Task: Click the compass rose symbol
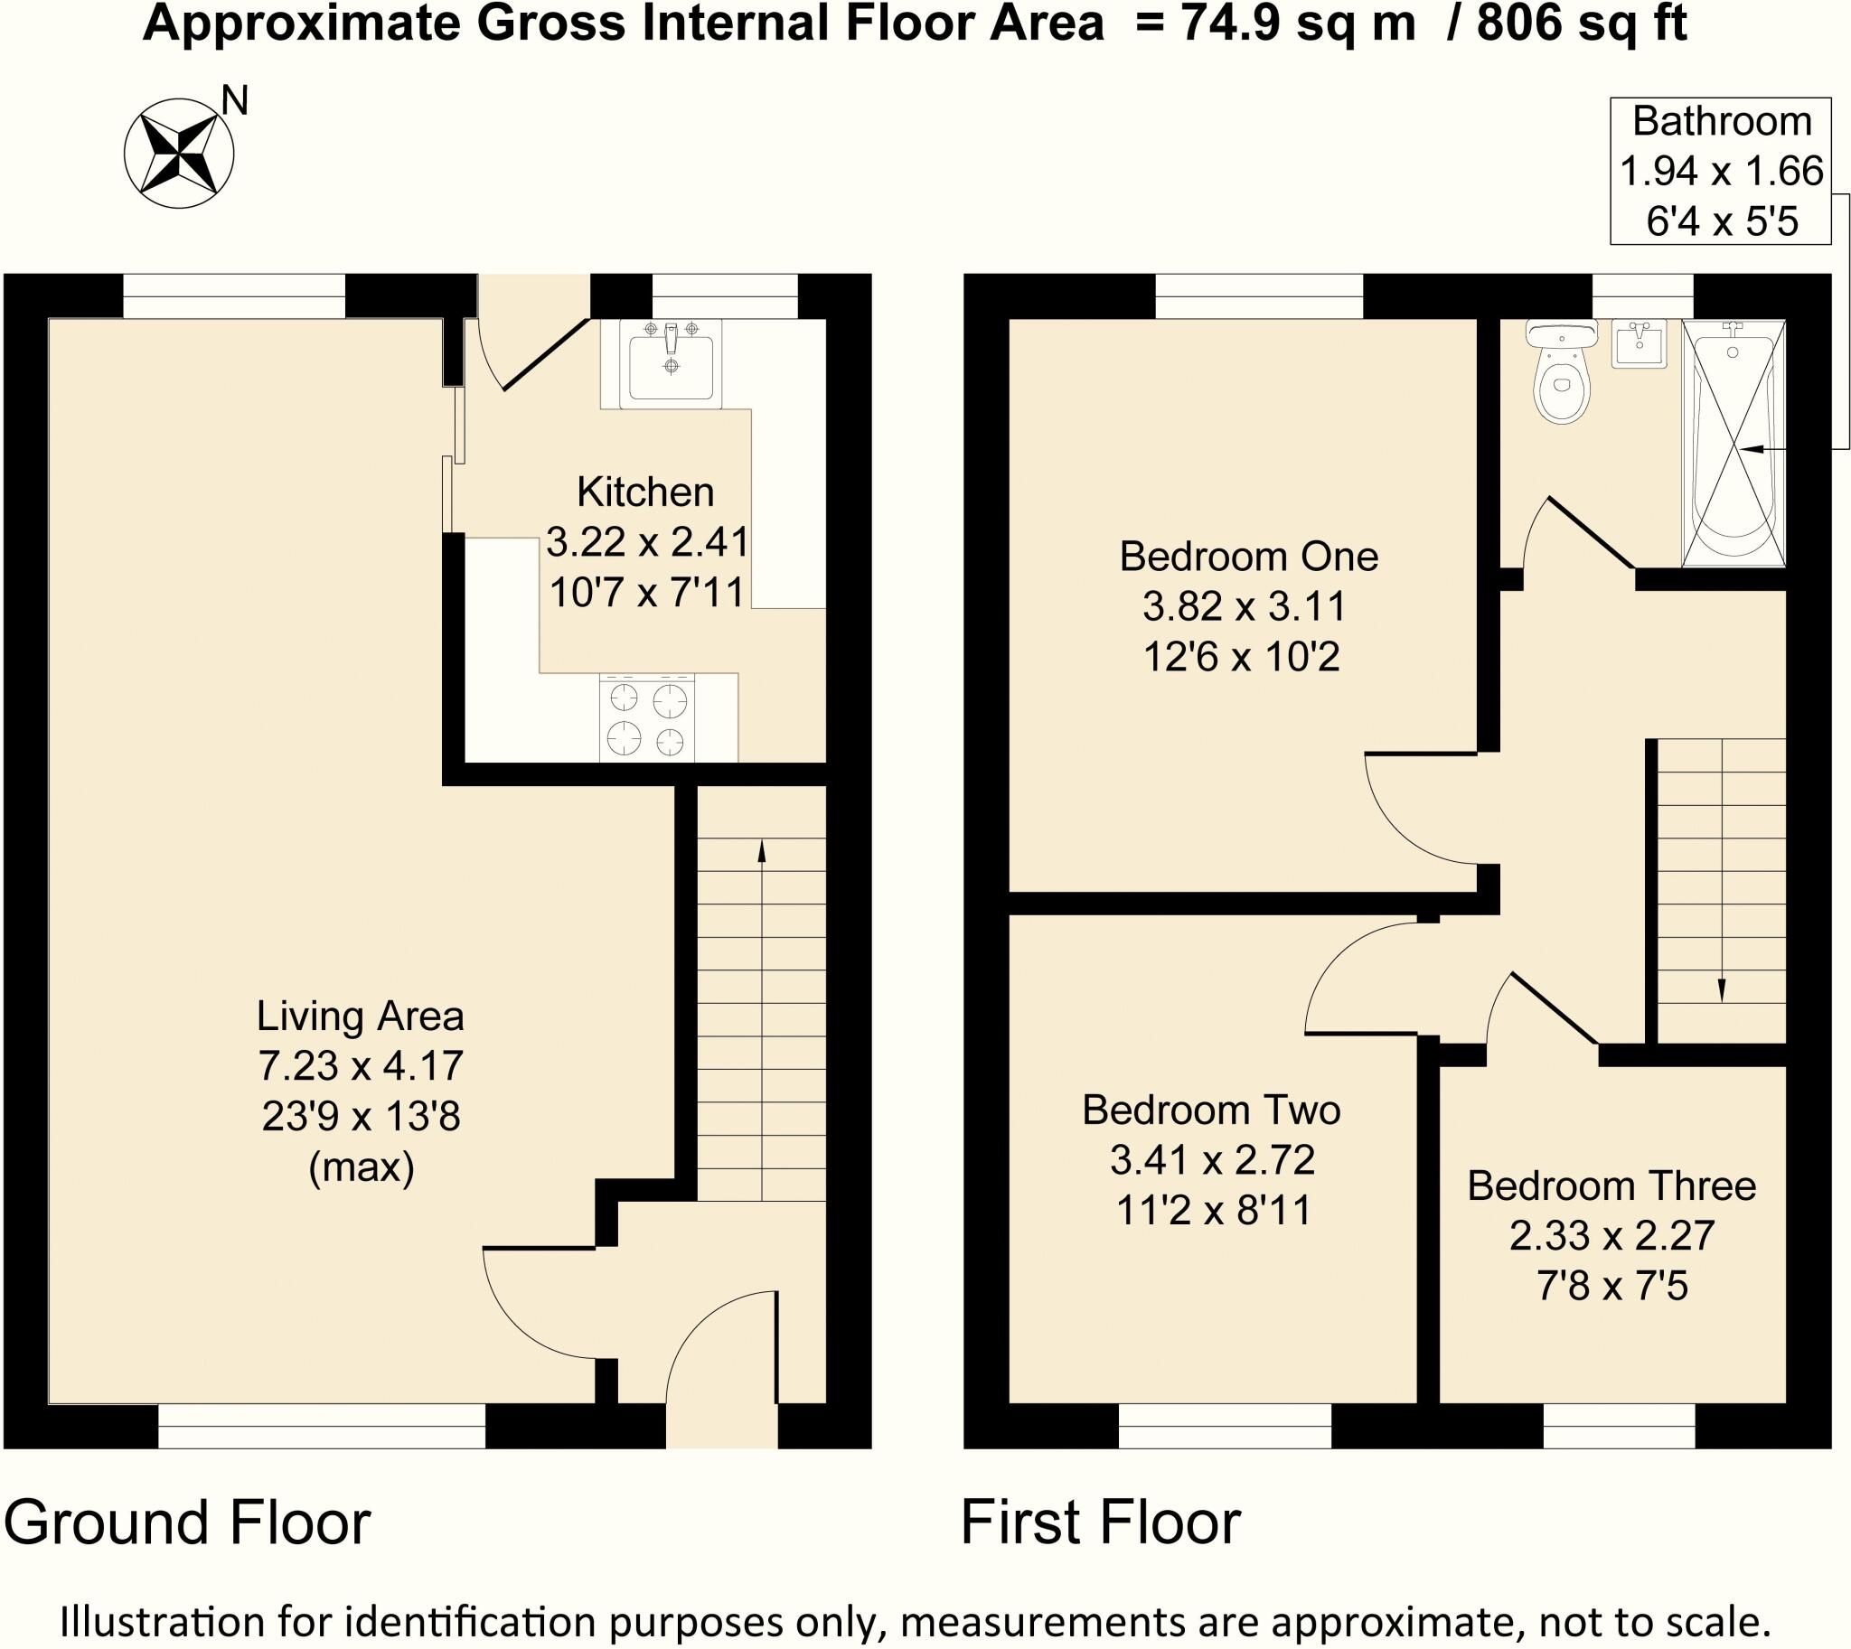coord(179,153)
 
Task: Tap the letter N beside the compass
coord(235,100)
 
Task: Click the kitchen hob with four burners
coord(647,717)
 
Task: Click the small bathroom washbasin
coord(1639,344)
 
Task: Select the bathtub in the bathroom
coord(1734,444)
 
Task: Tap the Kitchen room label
coord(645,492)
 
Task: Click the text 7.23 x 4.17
coord(361,1065)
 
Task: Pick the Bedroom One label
coord(1248,557)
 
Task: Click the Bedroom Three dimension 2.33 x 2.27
coord(1611,1236)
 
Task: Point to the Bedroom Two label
coord(1211,1110)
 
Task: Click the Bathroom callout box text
coord(1721,172)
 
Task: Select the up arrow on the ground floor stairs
coord(760,851)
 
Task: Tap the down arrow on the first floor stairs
coord(1721,991)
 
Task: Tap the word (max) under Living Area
coord(361,1167)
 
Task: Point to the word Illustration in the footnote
coord(163,1620)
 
